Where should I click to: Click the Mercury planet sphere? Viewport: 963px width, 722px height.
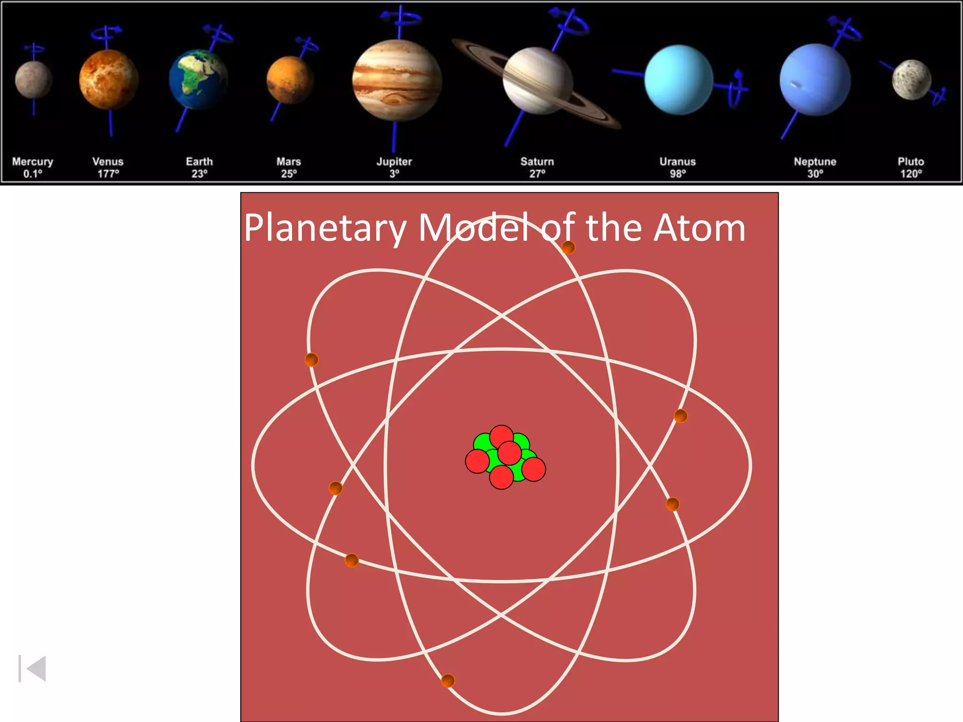pyautogui.click(x=33, y=80)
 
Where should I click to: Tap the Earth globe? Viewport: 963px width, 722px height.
pyautogui.click(x=198, y=79)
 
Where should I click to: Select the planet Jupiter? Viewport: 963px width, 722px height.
pyautogui.click(x=397, y=80)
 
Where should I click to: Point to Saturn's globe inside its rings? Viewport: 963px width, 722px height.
pyautogui.click(x=537, y=80)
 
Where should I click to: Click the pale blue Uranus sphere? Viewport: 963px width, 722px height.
pyautogui.click(x=679, y=79)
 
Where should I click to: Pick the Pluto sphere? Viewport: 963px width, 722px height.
pyautogui.click(x=911, y=80)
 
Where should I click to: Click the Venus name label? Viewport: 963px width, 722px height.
pyautogui.click(x=108, y=162)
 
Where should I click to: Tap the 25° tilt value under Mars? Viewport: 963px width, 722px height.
pyautogui.click(x=289, y=174)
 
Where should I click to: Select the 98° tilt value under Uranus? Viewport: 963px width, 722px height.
pyautogui.click(x=678, y=174)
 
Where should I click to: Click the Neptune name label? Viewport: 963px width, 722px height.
pyautogui.click(x=815, y=162)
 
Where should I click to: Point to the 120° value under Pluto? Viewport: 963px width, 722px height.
pyautogui.click(x=911, y=174)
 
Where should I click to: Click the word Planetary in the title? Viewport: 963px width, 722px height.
pyautogui.click(x=324, y=228)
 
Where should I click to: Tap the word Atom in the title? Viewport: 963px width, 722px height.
pyautogui.click(x=699, y=228)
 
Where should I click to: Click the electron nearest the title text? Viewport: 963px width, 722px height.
pyautogui.click(x=568, y=247)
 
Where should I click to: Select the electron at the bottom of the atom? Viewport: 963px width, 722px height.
pyautogui.click(x=448, y=680)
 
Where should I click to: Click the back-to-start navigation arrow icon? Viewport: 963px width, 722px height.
pyautogui.click(x=32, y=668)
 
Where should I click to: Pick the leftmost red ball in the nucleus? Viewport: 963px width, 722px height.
pyautogui.click(x=477, y=461)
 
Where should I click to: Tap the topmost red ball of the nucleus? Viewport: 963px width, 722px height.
pyautogui.click(x=501, y=437)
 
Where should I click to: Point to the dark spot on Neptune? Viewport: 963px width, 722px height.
pyautogui.click(x=797, y=85)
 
